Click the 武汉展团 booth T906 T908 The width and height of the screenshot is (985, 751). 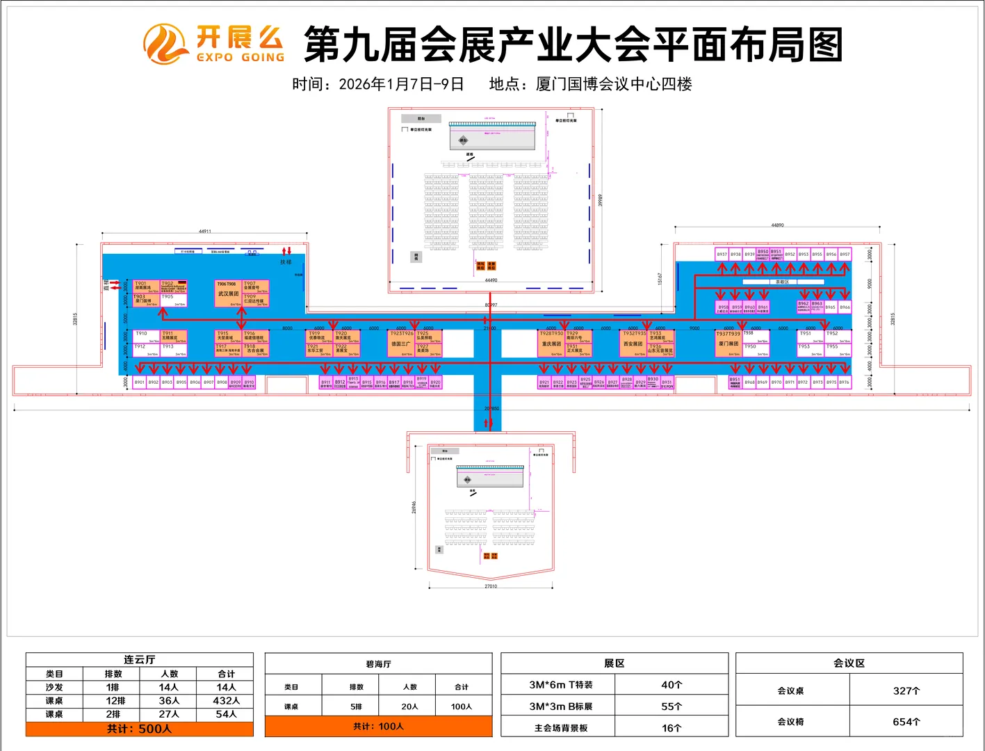coord(228,293)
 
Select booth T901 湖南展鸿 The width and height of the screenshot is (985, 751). coord(147,286)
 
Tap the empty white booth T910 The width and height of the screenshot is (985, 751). coord(147,337)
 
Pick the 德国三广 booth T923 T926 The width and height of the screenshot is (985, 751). coord(401,344)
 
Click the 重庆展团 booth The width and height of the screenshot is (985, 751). coord(551,344)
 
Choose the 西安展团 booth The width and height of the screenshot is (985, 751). coord(633,344)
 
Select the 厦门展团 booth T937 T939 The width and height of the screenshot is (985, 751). coord(728,344)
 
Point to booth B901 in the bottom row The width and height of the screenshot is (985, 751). coord(140,382)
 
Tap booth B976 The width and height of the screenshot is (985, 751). coord(845,382)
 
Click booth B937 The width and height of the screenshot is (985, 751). coord(722,255)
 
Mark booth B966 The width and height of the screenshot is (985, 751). coord(845,307)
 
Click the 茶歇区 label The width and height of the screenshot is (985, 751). coord(783,282)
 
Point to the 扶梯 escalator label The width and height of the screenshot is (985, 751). coord(286,262)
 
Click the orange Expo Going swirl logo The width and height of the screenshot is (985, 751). coord(165,44)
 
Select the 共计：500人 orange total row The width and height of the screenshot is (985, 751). coord(140,729)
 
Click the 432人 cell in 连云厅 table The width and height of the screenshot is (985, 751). coord(226,701)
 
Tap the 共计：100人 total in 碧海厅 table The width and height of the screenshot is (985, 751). coord(378,727)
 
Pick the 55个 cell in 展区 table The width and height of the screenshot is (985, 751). coord(671,706)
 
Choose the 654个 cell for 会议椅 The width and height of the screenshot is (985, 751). coord(906,722)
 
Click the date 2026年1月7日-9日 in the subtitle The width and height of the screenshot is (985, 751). coord(401,84)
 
